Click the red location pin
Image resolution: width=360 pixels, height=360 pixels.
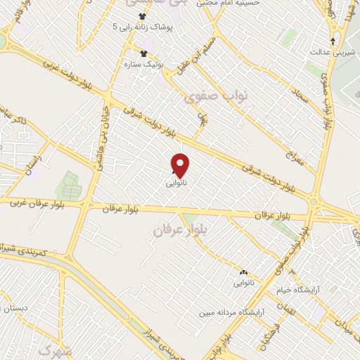(x=181, y=165)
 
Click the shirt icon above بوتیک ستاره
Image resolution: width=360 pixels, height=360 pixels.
(x=144, y=54)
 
